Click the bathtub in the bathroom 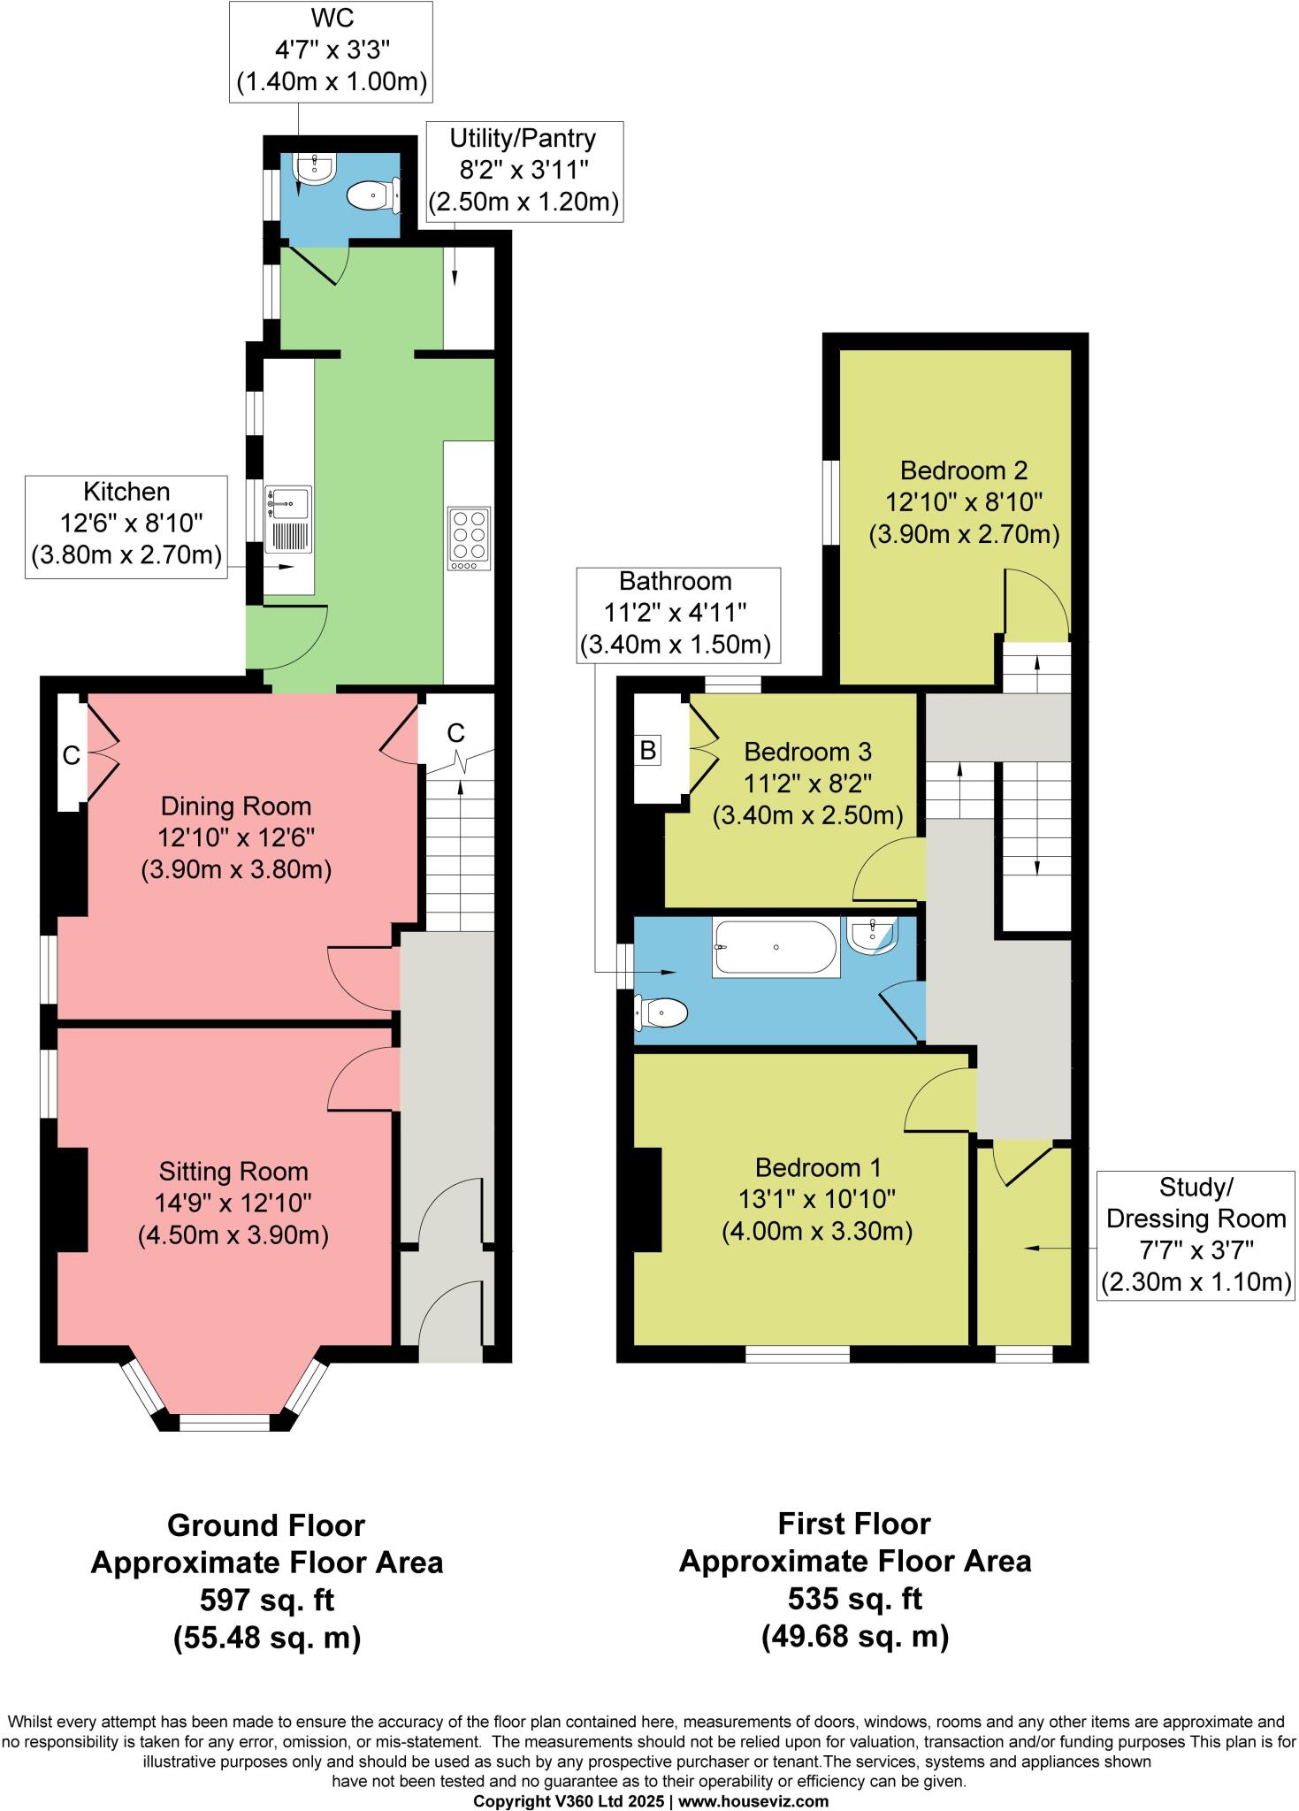[776, 948]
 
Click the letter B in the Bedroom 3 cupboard [647, 751]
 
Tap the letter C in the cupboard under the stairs [455, 732]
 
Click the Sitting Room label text [233, 1172]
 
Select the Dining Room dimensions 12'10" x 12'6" [236, 837]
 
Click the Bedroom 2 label [963, 470]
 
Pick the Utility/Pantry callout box [523, 171]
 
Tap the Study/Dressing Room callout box [1196, 1234]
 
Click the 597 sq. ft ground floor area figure [267, 1600]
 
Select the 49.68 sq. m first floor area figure [854, 1637]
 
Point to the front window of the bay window [224, 1422]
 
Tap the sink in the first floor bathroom [872, 934]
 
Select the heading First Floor [854, 1524]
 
